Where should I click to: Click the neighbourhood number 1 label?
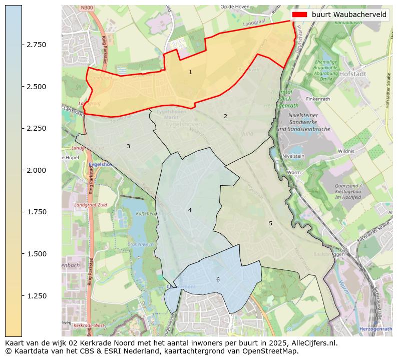190,73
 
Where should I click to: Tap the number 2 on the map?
225,116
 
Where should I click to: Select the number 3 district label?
128,146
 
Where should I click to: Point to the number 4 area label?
190,210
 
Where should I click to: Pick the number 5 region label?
270,223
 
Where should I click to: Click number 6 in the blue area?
218,279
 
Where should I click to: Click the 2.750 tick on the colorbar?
37,45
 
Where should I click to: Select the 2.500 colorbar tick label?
37,87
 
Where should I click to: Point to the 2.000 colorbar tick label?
37,170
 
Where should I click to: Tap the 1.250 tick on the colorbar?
37,296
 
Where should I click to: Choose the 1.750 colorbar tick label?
37,212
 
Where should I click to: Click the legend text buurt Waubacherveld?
349,15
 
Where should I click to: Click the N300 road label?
86,9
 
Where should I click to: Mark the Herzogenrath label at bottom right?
375,329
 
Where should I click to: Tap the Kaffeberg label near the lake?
146,213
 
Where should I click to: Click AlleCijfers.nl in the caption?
313,343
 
